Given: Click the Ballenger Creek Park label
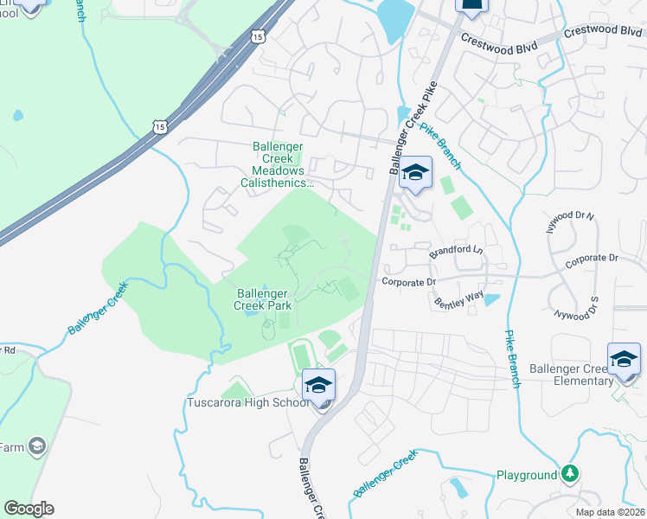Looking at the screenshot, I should click(265, 299).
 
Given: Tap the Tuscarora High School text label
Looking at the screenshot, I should click(247, 403).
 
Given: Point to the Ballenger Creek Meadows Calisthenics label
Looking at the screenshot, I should click(279, 165).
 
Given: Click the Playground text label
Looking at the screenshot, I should click(527, 475).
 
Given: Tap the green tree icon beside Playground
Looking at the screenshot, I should click(569, 473).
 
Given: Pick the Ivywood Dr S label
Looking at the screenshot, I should click(576, 307).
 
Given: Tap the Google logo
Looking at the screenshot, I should click(29, 509).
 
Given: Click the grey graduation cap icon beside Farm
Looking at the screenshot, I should click(36, 446).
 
